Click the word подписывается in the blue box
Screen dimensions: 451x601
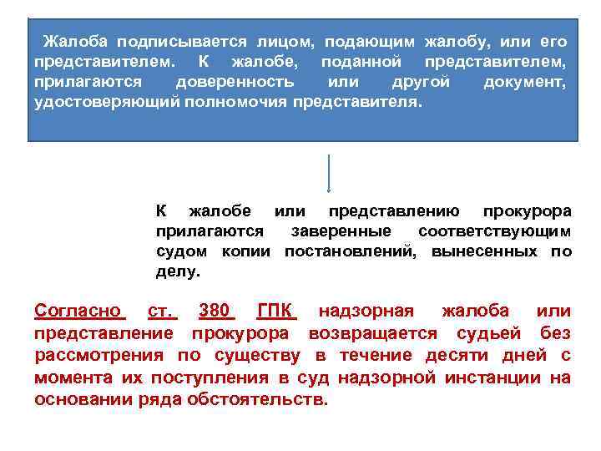tap(179, 42)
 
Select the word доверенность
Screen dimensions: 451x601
tap(235, 83)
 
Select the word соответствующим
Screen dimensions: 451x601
tap(495, 231)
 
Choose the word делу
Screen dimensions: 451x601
tap(178, 272)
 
